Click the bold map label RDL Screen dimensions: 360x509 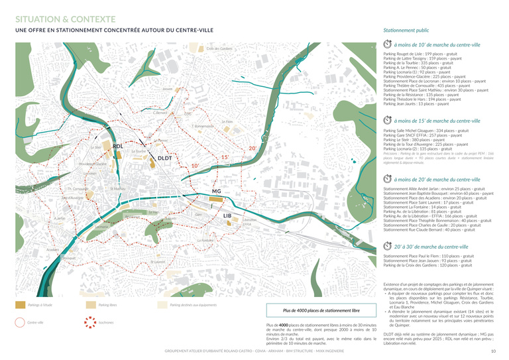click(x=118, y=146)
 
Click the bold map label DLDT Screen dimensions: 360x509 click(x=164, y=158)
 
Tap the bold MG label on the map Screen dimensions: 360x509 click(x=216, y=192)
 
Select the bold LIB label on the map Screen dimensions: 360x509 click(x=227, y=216)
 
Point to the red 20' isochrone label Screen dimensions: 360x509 click(x=253, y=148)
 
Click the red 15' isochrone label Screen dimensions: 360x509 click(x=225, y=157)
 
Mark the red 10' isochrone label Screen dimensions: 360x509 click(x=195, y=165)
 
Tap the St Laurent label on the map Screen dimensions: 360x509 click(x=158, y=262)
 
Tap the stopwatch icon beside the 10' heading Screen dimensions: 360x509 click(x=388, y=44)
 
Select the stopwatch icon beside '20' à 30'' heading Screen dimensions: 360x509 click(x=388, y=246)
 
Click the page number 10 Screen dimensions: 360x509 click(x=493, y=351)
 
